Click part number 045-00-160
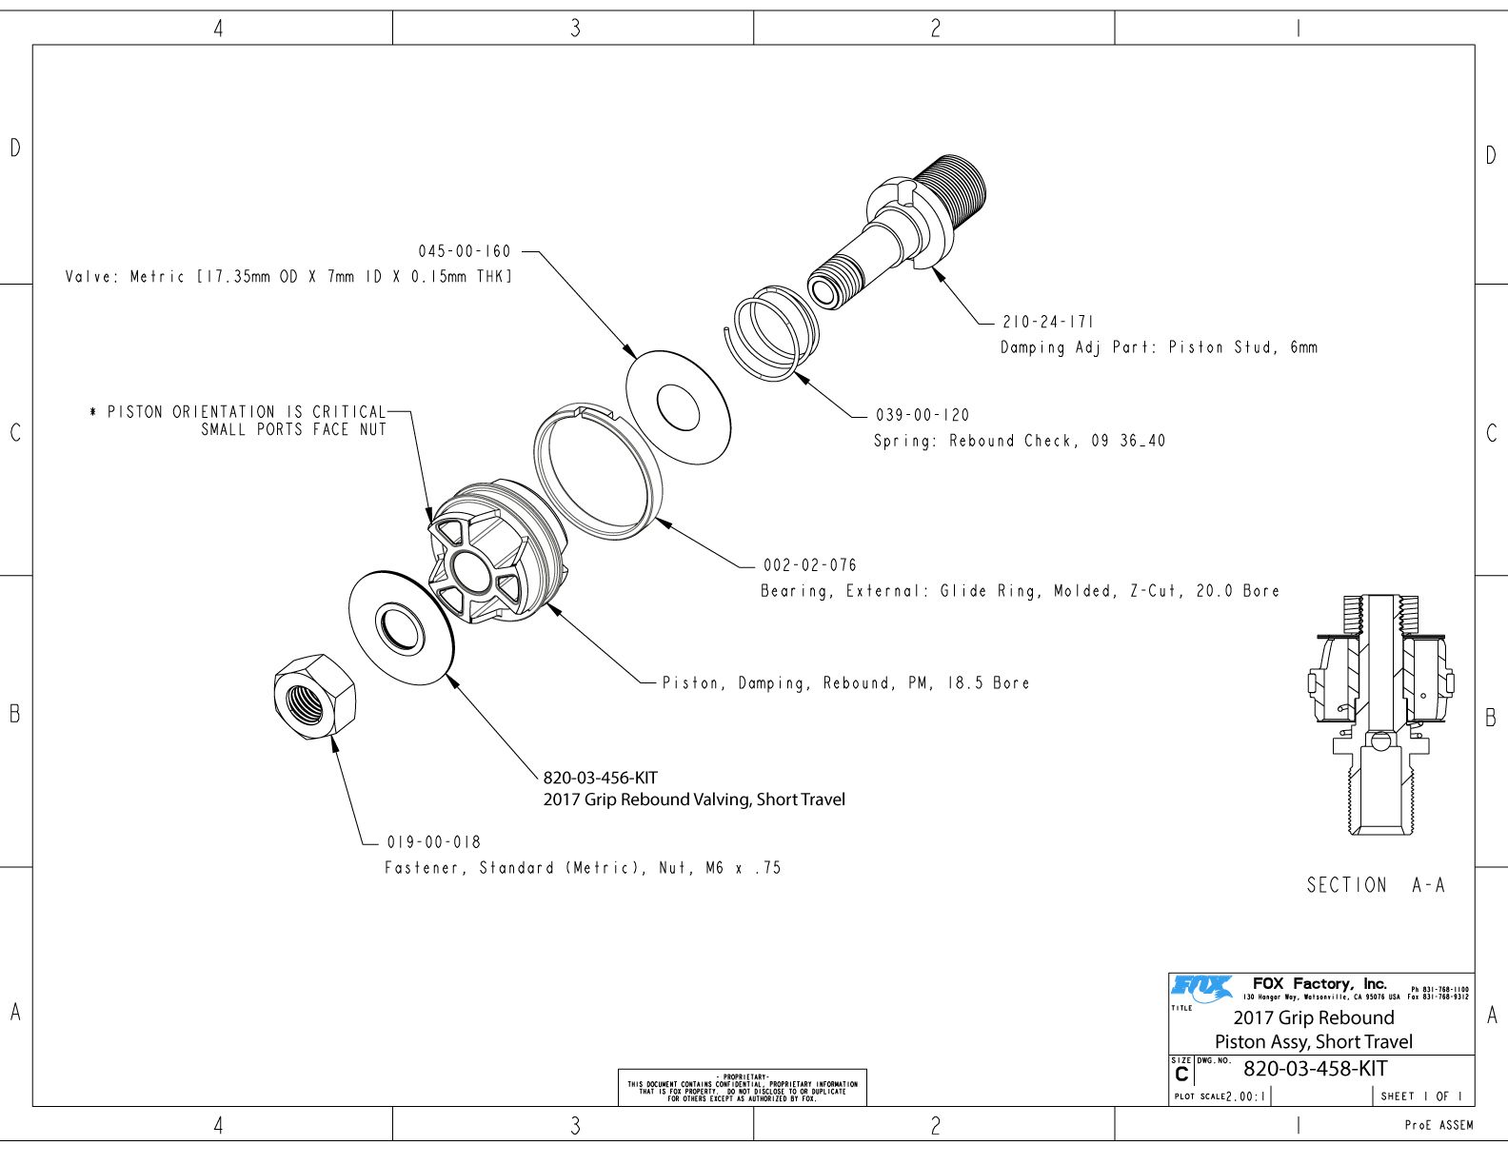[465, 251]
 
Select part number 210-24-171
[1048, 322]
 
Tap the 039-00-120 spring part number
[923, 415]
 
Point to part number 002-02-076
[809, 565]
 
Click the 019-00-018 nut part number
[434, 842]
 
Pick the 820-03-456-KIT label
[600, 778]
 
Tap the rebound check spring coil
[771, 333]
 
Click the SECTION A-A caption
[1376, 885]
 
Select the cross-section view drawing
[1380, 714]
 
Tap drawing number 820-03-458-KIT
[1315, 1069]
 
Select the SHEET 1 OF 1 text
[1421, 1096]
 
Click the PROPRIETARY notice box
[742, 1087]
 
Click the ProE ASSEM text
[1439, 1125]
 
